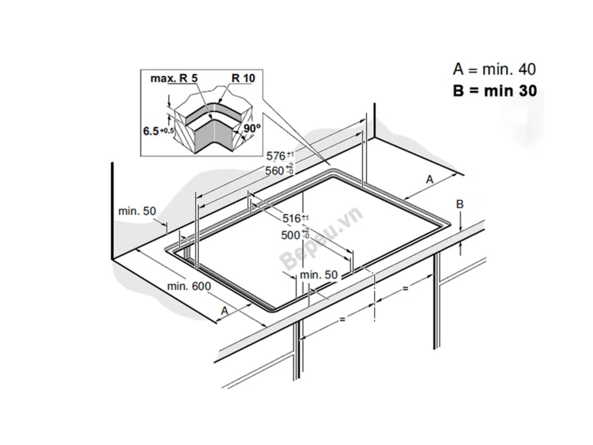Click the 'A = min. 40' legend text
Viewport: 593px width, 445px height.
495,70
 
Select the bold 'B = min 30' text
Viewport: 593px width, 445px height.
495,91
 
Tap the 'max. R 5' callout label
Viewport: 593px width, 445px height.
174,78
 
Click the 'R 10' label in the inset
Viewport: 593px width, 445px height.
243,78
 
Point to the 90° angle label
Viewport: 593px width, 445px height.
252,128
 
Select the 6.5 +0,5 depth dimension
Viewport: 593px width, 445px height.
158,132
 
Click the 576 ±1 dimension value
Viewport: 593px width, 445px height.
280,155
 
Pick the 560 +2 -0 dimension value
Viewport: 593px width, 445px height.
279,170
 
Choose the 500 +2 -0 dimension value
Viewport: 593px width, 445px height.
295,235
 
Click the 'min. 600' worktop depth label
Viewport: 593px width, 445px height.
189,286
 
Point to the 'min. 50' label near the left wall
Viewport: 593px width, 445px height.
137,211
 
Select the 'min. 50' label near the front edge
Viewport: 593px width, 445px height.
319,275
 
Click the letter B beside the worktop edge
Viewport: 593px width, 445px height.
459,205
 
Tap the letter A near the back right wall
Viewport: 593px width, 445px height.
429,180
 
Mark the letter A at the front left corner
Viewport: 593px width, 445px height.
225,311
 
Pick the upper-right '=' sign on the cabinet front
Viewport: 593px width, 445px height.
405,289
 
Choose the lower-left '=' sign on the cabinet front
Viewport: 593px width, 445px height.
342,319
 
